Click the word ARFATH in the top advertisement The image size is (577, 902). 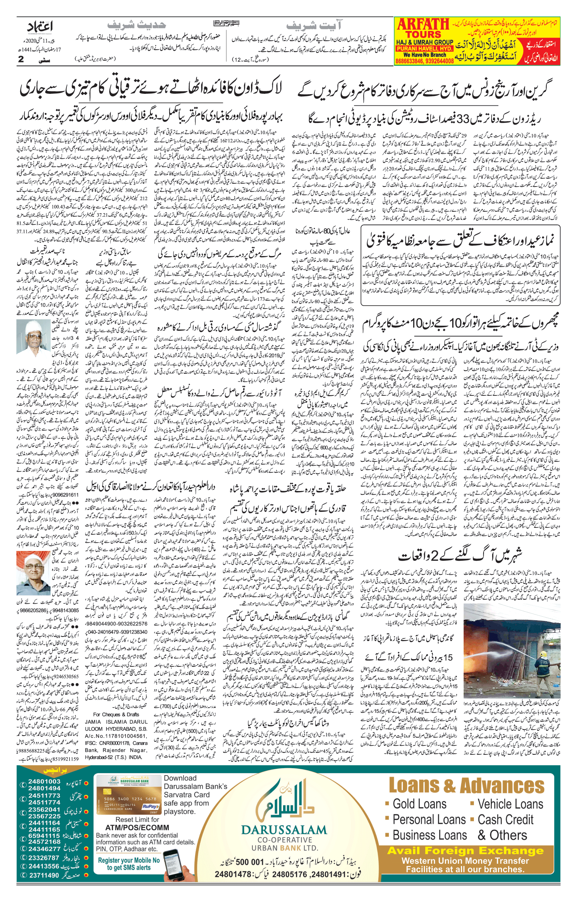pyautogui.click(x=423, y=25)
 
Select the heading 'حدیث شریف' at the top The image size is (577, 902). pyautogui.click(x=136, y=26)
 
